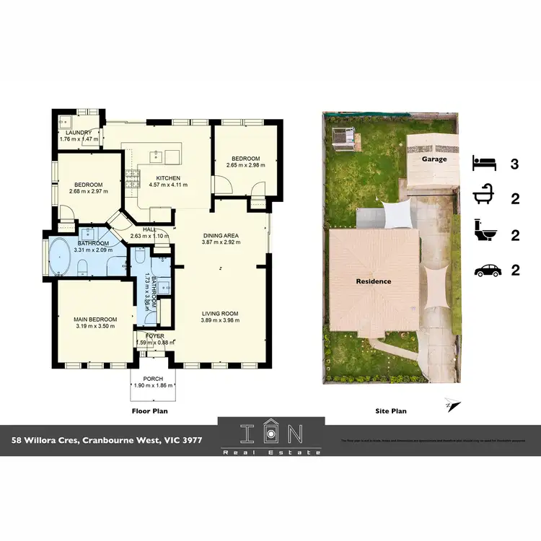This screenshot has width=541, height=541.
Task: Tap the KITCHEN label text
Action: point(168,178)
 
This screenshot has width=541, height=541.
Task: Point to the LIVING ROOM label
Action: point(220,313)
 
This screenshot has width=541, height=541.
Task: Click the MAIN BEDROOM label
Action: point(94,319)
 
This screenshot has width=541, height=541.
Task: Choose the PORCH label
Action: point(153,379)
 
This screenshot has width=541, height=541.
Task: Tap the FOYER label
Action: point(155,335)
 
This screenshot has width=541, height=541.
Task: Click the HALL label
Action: point(149,229)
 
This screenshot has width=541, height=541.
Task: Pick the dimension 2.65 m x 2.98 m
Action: point(245,165)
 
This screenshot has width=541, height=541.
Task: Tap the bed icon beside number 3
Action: point(484,162)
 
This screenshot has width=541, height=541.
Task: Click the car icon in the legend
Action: point(487,270)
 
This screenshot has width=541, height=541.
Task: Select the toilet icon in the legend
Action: point(484,234)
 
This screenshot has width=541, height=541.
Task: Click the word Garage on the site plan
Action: point(434,159)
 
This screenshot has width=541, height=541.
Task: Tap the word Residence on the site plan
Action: point(373,281)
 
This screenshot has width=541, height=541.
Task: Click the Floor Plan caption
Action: point(150,411)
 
